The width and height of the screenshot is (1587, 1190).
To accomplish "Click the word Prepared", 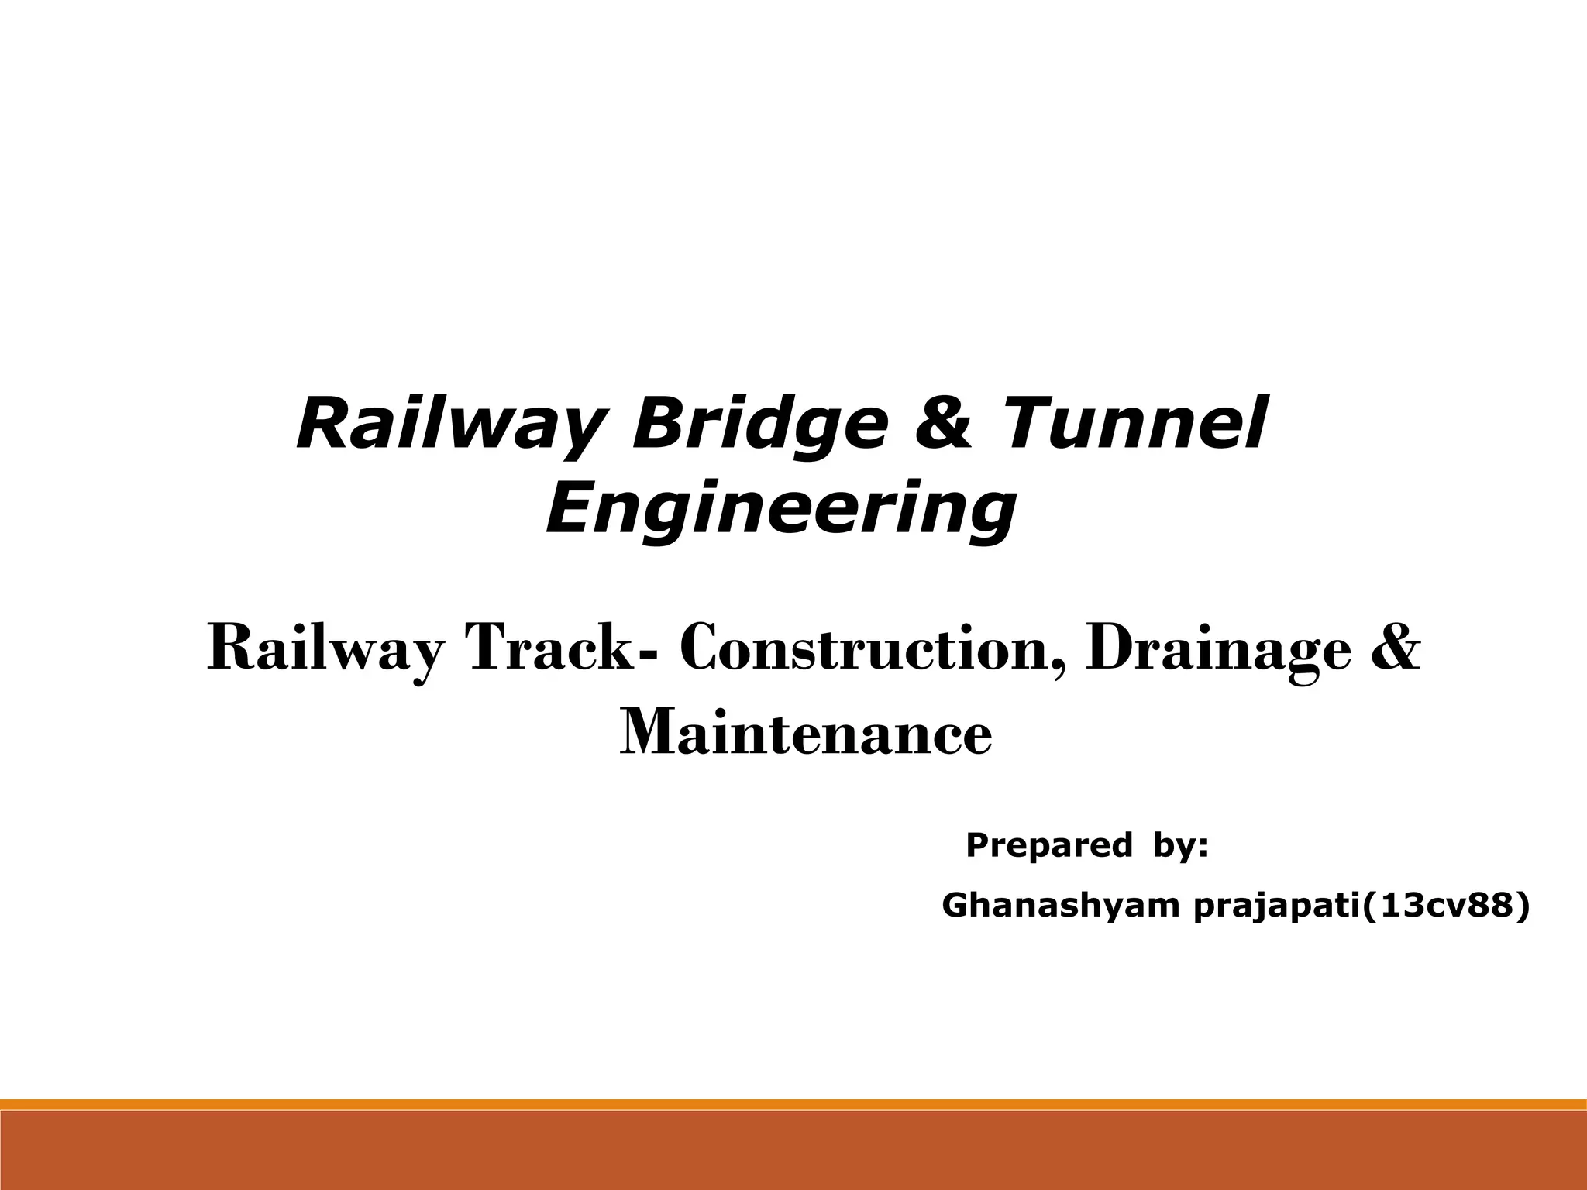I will tap(1048, 845).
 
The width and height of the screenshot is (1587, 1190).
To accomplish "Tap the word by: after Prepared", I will tap(1180, 845).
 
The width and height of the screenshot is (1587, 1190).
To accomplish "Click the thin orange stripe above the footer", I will tap(793, 1104).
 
